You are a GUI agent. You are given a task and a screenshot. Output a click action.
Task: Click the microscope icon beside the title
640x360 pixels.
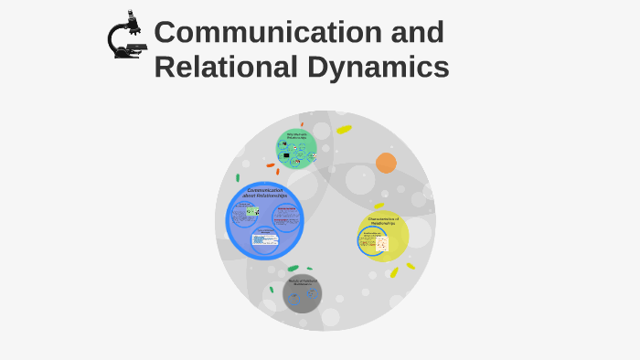pos(125,37)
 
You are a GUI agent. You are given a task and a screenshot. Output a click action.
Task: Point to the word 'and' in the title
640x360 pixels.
pos(416,32)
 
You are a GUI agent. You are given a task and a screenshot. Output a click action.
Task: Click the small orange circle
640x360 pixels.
pos(386,163)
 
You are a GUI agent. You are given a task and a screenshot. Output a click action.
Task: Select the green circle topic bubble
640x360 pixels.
pos(297,149)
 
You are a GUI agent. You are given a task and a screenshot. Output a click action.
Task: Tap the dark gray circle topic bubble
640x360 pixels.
pos(302,294)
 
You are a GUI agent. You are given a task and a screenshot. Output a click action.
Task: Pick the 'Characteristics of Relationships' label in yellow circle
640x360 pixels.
pos(384,221)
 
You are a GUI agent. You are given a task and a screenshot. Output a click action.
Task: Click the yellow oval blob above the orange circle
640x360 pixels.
pos(344,130)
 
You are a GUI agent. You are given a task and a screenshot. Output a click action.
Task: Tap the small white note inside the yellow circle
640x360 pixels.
pos(382,244)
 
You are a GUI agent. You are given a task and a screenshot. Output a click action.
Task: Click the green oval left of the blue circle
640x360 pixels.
pos(238,178)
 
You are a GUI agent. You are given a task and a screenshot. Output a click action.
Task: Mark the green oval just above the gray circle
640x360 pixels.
pos(293,269)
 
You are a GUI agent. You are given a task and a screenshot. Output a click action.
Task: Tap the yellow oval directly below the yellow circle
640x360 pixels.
pos(394,272)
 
